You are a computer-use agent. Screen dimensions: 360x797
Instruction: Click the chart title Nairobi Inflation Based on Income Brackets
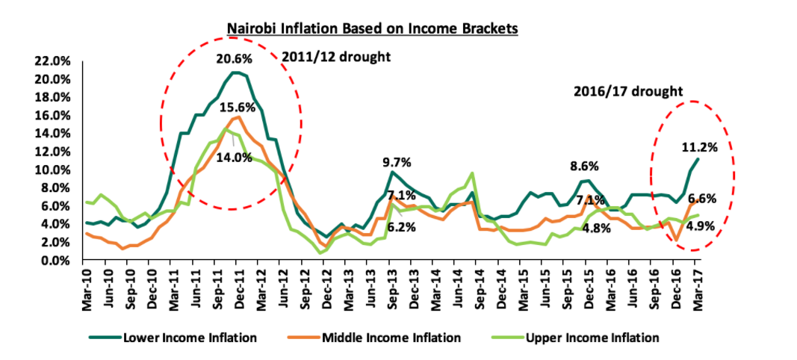(372, 29)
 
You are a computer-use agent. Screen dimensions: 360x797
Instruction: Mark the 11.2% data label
(699, 147)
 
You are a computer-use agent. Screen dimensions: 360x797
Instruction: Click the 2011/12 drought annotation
(336, 56)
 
